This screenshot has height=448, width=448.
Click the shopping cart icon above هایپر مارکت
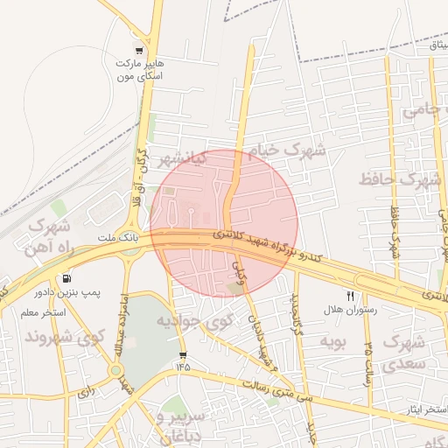coord(139,49)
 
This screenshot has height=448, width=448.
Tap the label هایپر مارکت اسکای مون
coord(140,70)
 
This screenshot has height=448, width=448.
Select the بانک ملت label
coord(115,237)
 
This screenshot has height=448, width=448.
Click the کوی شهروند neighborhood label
coord(65,336)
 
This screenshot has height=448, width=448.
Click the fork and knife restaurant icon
coord(351,297)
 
